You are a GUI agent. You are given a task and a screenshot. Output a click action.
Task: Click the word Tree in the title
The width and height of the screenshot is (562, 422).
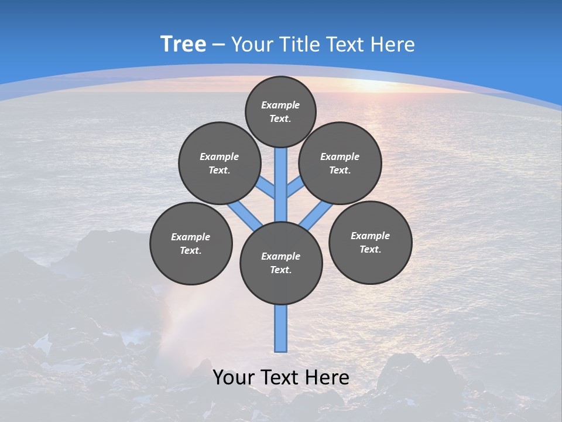pos(183,45)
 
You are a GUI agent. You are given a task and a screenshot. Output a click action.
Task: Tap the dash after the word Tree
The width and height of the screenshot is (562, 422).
pos(218,45)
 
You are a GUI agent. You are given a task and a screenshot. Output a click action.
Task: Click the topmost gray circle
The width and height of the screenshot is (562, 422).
pos(280,111)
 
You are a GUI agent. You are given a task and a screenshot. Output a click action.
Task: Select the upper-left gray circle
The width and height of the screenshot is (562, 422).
pos(219,163)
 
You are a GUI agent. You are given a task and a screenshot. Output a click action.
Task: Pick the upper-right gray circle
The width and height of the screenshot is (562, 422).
pos(340,163)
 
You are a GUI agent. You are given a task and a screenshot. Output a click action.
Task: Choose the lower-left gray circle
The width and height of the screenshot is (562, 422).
pos(191,243)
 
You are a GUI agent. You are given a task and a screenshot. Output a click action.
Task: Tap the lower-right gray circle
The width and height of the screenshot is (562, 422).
pos(370,242)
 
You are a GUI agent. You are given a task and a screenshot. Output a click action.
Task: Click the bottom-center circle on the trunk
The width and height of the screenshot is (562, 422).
pos(281,263)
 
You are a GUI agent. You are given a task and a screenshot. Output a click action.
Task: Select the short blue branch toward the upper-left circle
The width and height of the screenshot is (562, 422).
pos(267,187)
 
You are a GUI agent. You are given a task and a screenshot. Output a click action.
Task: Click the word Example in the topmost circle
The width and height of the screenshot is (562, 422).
pos(280,105)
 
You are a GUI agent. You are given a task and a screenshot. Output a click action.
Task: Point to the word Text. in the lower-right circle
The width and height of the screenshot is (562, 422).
pos(370,249)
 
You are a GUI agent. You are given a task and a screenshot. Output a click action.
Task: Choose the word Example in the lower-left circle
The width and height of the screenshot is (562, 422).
pos(191,237)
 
